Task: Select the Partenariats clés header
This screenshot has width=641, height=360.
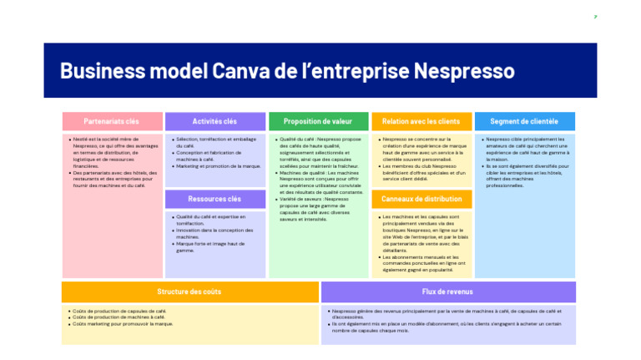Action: click(x=112, y=122)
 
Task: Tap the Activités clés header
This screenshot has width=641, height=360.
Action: click(x=215, y=122)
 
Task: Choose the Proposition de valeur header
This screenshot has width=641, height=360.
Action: click(x=318, y=122)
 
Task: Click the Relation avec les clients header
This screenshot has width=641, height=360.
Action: click(x=421, y=122)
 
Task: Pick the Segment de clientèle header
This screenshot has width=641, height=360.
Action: click(x=524, y=122)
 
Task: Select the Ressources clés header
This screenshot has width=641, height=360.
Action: click(x=215, y=199)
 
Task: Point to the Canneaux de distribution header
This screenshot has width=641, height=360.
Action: click(x=421, y=199)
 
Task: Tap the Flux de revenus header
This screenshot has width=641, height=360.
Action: click(x=447, y=292)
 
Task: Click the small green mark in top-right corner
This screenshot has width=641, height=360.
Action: click(x=595, y=17)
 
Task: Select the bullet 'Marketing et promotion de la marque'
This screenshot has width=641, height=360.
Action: click(x=218, y=166)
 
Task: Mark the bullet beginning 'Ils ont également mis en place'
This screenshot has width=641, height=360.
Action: click(x=447, y=327)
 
